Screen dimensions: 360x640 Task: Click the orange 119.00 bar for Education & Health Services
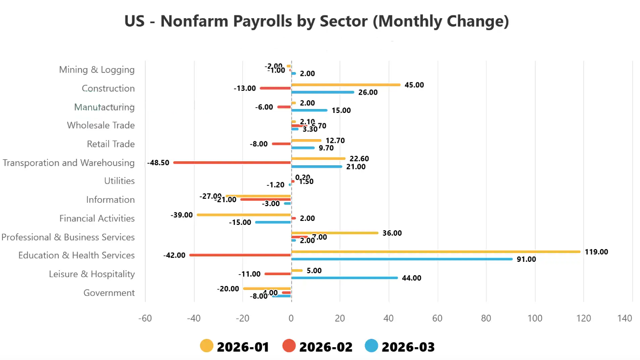pyautogui.click(x=436, y=252)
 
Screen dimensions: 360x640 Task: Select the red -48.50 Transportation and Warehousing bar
pyautogui.click(x=232, y=162)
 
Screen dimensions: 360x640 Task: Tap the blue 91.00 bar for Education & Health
pyautogui.click(x=402, y=259)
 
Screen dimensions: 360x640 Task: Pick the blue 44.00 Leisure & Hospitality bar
pyautogui.click(x=344, y=278)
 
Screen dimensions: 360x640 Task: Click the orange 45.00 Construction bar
pyautogui.click(x=346, y=85)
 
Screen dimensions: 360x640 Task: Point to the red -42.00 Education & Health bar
pyautogui.click(x=240, y=255)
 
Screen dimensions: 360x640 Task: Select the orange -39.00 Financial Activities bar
pyautogui.click(x=244, y=215)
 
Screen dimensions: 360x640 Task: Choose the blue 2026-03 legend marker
pyautogui.click(x=372, y=346)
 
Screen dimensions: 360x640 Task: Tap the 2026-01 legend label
pyautogui.click(x=243, y=347)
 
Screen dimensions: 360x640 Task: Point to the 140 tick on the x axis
pyautogui.click(x=625, y=319)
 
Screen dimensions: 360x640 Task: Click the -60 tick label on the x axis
pyautogui.click(x=145, y=319)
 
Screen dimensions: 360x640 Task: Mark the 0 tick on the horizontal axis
pyautogui.click(x=291, y=319)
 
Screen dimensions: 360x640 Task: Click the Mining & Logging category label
pyautogui.click(x=97, y=70)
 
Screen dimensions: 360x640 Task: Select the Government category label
pyautogui.click(x=109, y=293)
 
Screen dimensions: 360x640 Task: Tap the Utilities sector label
pyautogui.click(x=119, y=181)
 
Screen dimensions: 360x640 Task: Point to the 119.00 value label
pyautogui.click(x=596, y=252)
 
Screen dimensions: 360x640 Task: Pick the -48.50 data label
pyautogui.click(x=158, y=162)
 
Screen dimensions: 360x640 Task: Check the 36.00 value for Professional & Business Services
pyautogui.click(x=392, y=233)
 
